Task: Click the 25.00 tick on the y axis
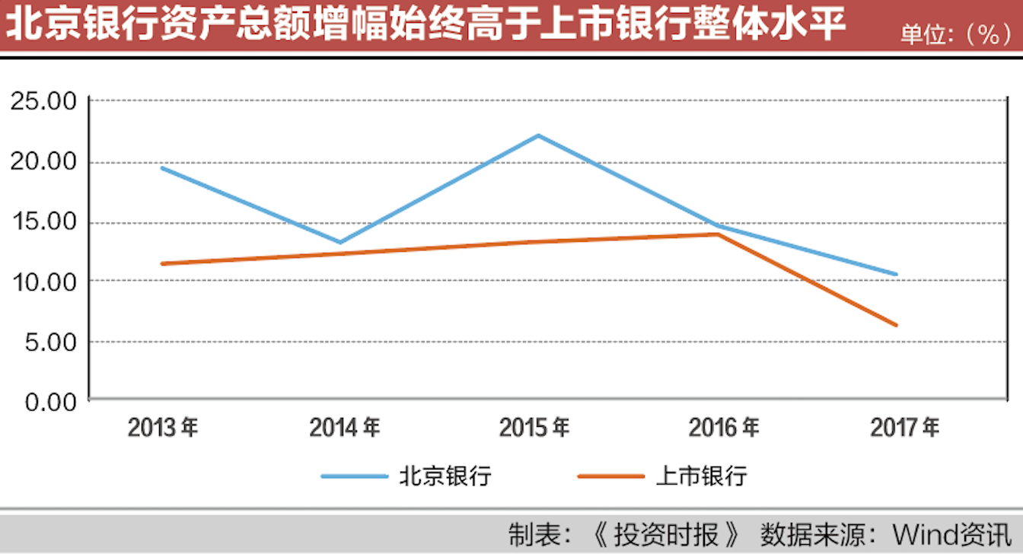point(43,101)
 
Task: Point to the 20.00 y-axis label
point(43,162)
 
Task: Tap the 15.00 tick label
point(43,222)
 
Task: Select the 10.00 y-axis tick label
point(43,282)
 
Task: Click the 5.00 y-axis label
point(50,342)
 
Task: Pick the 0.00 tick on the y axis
point(50,401)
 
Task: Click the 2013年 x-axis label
point(162,428)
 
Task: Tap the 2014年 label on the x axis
point(344,428)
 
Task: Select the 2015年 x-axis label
point(534,428)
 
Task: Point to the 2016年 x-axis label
point(723,428)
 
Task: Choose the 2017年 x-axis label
point(905,428)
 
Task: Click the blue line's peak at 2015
point(538,135)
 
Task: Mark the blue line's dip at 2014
point(340,243)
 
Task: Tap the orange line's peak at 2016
point(717,234)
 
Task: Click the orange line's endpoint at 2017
point(897,325)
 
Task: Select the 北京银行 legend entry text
point(445,476)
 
